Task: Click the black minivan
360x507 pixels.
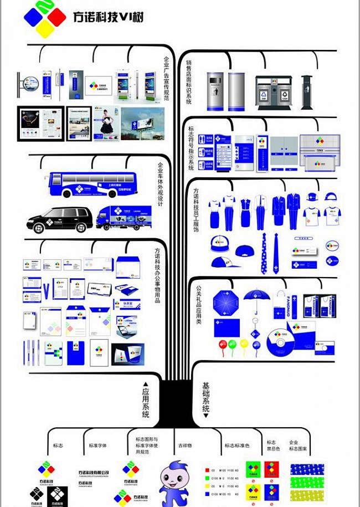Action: [x=59, y=219]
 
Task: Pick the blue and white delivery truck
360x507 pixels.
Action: [x=124, y=218]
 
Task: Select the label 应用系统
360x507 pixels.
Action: [x=146, y=399]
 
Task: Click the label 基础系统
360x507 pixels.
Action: [x=206, y=399]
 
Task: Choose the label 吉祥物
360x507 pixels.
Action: [x=185, y=445]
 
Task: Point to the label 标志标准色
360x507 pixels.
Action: [x=237, y=445]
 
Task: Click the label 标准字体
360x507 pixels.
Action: [x=98, y=445]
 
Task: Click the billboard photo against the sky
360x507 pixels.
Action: [x=143, y=124]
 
